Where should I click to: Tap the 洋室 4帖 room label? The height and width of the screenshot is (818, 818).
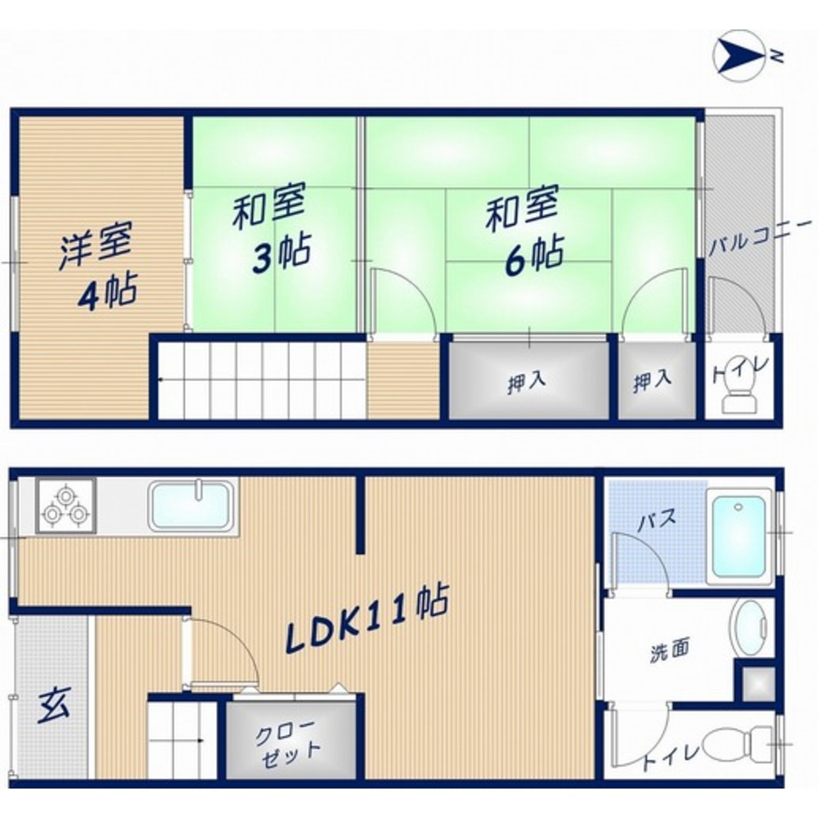pos(97,270)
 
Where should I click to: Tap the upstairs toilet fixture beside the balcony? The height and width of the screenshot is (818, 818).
pos(740,399)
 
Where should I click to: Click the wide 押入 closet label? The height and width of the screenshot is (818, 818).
pos(527,383)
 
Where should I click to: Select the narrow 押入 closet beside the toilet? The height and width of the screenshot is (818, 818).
pos(653,381)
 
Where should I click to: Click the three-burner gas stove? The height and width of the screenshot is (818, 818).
pos(65,506)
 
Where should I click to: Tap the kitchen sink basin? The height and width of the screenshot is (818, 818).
pos(191,506)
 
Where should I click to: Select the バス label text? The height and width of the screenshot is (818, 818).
pos(654,519)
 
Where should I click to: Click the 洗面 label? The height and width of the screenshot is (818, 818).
pos(669,652)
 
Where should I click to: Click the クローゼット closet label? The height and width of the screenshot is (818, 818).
pos(290,740)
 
